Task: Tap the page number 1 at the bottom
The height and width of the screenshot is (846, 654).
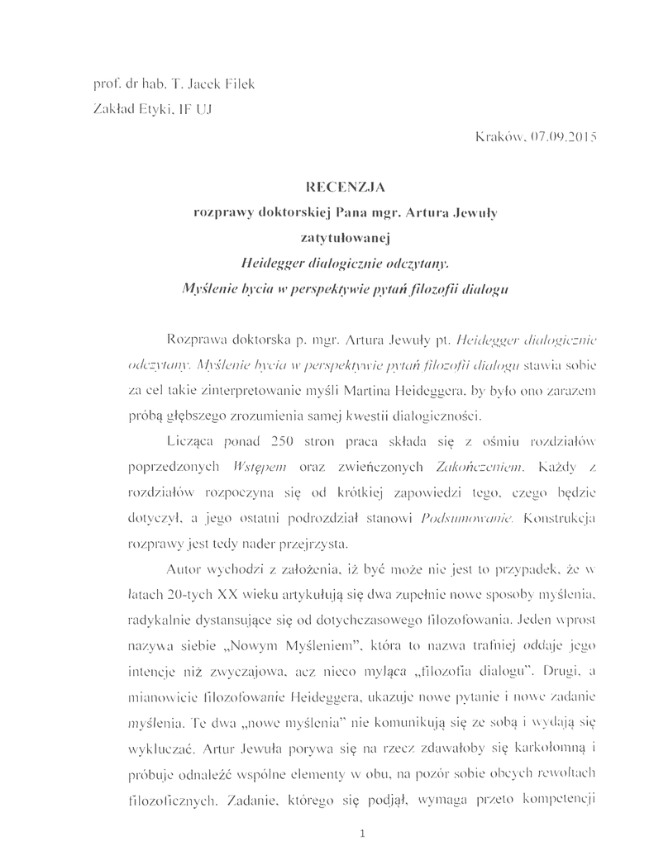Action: [x=363, y=832]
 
